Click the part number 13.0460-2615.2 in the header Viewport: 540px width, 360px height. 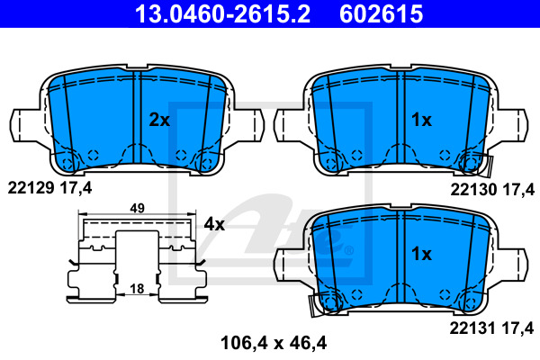223,13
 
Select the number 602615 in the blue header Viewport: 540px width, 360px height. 381,13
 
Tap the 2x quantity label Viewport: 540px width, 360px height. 159,121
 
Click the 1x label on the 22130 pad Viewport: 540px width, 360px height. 421,121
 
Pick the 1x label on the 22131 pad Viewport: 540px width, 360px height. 421,254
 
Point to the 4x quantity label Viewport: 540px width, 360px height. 214,225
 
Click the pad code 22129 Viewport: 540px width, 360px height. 31,188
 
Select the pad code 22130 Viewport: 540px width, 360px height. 474,190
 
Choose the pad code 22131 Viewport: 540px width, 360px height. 472,328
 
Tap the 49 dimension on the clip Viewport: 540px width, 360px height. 137,209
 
